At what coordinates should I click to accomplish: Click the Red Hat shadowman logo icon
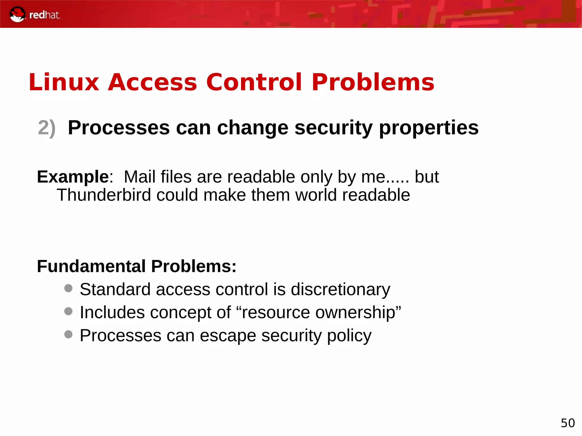pos(17,14)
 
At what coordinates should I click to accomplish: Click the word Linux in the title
pos(64,82)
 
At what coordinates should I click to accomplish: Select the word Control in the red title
pos(254,82)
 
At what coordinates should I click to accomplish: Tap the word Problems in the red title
pos(373,82)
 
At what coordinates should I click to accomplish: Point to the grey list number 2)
pos(47,128)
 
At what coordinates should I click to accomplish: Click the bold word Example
pos(73,177)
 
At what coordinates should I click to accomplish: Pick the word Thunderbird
pos(104,195)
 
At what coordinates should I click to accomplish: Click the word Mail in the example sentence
pos(140,177)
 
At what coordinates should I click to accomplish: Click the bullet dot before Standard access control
pos(68,289)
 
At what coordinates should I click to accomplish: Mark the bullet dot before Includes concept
pos(68,312)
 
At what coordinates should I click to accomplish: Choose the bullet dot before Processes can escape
pos(68,334)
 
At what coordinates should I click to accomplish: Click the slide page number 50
pos(568,423)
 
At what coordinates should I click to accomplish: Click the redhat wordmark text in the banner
pos(45,15)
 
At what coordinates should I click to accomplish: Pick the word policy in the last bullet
pos(349,336)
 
